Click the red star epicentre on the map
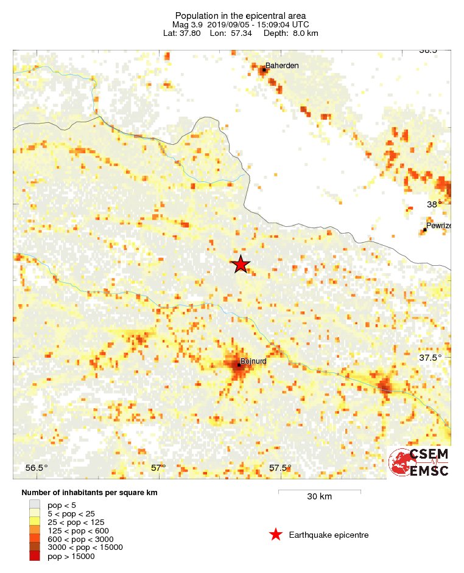tap(241, 264)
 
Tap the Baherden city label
tap(282, 65)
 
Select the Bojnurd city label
tap(253, 361)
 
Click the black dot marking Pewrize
tap(424, 229)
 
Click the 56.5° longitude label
tap(37, 468)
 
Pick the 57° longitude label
tap(158, 468)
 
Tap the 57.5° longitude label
tap(280, 468)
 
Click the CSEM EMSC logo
tap(419, 462)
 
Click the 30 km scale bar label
tap(319, 497)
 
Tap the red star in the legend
tap(276, 535)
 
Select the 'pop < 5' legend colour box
tap(35, 505)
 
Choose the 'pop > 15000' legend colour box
tap(35, 556)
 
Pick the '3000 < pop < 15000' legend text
tap(85, 547)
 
